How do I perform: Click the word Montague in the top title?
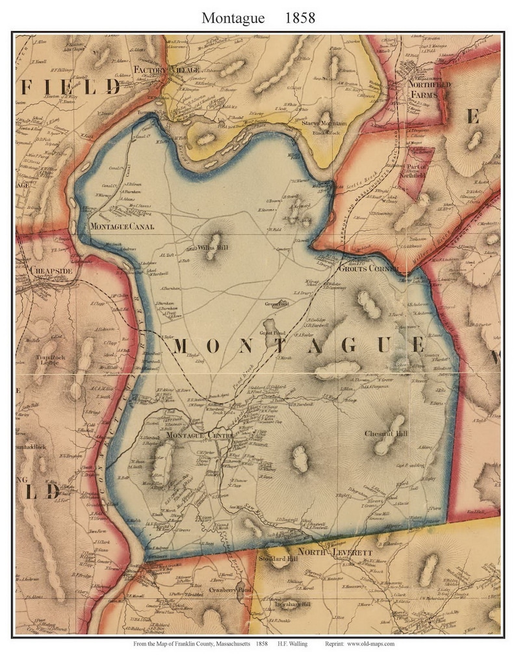tap(233, 18)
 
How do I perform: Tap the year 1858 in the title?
tap(300, 18)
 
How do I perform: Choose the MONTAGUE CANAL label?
tap(122, 226)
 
